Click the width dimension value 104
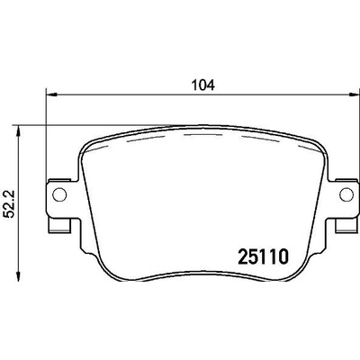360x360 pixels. click(x=203, y=85)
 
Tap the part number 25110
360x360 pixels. click(x=263, y=256)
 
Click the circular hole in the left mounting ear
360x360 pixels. click(x=59, y=194)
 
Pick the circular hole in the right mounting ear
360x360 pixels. click(x=346, y=194)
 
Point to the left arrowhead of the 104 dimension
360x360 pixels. click(x=51, y=94)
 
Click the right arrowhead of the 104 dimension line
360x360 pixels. click(x=354, y=94)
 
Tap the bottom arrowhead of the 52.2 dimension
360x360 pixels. click(x=19, y=276)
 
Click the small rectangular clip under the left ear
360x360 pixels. click(x=59, y=225)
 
